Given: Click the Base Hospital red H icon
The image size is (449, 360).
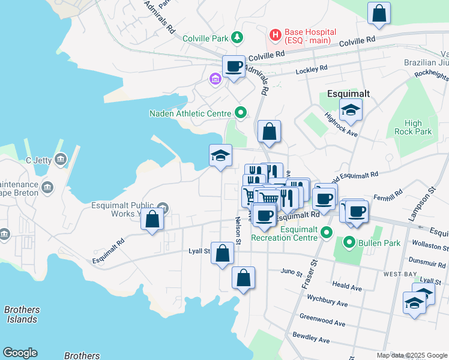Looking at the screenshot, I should click(x=276, y=35).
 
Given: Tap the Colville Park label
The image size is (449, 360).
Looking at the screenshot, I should click(x=203, y=38).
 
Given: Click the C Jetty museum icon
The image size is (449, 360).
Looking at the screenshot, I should click(x=61, y=160).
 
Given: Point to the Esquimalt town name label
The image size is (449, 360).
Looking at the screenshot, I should click(x=348, y=94).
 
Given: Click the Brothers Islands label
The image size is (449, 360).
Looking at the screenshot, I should click(x=22, y=314).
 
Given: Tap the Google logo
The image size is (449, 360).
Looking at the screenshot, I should click(x=20, y=353).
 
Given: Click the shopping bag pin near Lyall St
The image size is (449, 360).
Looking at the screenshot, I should click(x=222, y=253).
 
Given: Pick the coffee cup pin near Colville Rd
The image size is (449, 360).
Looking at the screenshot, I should click(x=234, y=66).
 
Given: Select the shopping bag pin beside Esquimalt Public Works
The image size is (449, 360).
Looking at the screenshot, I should click(x=152, y=219).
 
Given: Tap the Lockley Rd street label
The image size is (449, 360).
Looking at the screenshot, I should click(x=311, y=70).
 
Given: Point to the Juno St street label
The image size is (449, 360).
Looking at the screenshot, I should click(x=292, y=272).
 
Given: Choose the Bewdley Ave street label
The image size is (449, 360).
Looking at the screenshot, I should click(x=311, y=337).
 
